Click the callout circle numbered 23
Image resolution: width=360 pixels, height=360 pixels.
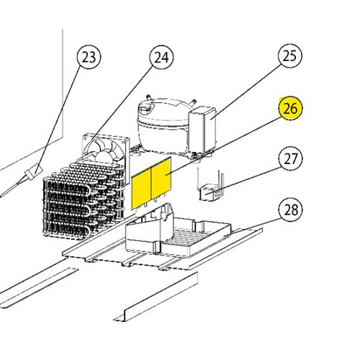point(89,57)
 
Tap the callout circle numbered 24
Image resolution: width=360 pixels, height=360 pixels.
point(161,58)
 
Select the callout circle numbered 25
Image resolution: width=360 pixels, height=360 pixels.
point(290,55)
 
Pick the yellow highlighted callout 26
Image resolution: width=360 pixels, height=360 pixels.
point(290,108)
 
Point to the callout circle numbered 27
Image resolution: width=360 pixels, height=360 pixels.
point(290,158)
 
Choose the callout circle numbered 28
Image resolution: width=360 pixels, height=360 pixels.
point(290,210)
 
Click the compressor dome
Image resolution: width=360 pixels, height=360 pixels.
point(163,125)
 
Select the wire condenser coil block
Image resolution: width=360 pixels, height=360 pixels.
point(84,200)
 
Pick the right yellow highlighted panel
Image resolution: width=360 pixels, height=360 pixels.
point(161,178)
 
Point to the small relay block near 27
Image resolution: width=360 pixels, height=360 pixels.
point(208,193)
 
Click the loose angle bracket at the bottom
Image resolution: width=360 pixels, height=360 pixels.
point(156,297)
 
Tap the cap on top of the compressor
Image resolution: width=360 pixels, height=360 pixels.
point(146,107)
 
